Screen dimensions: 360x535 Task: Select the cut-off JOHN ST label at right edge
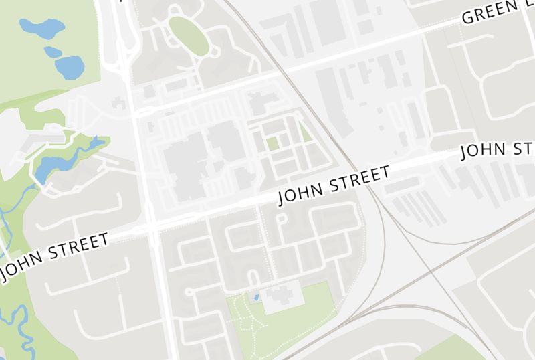click(498, 150)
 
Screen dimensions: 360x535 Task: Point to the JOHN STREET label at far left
click(55, 256)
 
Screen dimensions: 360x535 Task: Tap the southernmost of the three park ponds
click(70, 66)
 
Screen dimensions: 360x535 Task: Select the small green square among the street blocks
click(272, 143)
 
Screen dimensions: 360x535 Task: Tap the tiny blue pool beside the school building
click(255, 296)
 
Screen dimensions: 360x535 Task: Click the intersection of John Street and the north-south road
click(152, 226)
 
